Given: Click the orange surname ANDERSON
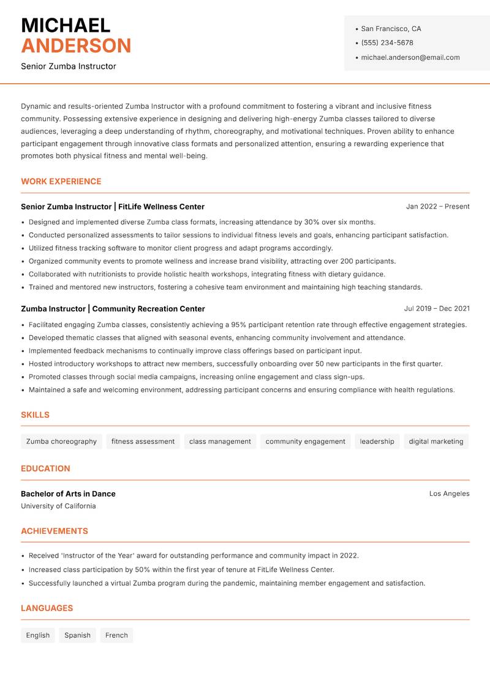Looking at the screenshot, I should point(76,46).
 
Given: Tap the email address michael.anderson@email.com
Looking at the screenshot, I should point(410,57).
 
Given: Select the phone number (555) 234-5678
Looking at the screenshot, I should point(387,43).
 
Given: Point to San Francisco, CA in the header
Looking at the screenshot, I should point(391,29).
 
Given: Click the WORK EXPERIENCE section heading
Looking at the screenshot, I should point(61,182).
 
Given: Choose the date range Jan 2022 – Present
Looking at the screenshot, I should point(437,207).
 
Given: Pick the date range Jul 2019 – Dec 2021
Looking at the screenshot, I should point(437,309).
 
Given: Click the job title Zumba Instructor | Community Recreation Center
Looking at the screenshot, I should point(113,309).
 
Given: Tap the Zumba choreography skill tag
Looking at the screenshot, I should point(61,442).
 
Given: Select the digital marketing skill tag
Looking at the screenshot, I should point(436,442).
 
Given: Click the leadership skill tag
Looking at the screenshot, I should point(377,442).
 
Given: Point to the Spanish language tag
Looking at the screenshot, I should point(77,635).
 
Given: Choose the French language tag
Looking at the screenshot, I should point(116,635).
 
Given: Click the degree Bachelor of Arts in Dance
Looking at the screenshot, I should point(68,493).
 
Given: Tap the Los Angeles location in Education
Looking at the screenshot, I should point(449,493).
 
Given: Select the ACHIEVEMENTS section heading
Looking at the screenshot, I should point(55,531).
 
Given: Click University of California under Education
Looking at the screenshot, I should point(58,506).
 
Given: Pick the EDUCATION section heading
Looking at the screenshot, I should point(45,468).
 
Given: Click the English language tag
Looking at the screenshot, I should point(38,635).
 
